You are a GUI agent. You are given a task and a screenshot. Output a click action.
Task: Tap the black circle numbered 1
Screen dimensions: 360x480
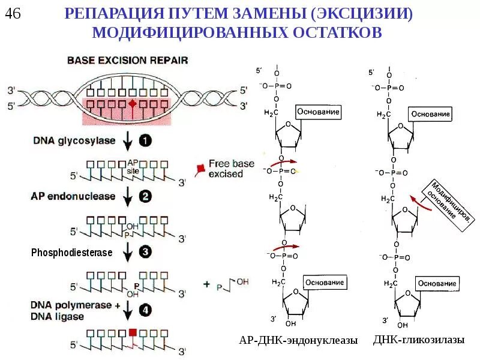tap(146, 142)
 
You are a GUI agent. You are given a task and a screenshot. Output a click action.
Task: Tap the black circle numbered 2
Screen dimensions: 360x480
tap(146, 196)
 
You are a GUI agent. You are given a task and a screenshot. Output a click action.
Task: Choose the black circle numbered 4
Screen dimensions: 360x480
tap(146, 310)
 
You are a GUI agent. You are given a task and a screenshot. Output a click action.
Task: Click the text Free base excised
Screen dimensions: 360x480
tap(226, 168)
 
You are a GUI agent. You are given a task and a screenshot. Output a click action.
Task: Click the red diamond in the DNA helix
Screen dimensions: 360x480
tap(133, 104)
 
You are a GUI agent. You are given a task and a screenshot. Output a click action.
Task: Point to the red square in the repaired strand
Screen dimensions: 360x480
tap(133, 332)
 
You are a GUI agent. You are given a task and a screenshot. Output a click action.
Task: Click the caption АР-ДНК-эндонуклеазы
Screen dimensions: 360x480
tap(298, 340)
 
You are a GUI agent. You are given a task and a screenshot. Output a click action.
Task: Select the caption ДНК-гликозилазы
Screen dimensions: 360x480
tap(419, 340)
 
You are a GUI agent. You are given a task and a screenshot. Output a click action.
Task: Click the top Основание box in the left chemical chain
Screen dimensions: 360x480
tap(319, 112)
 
